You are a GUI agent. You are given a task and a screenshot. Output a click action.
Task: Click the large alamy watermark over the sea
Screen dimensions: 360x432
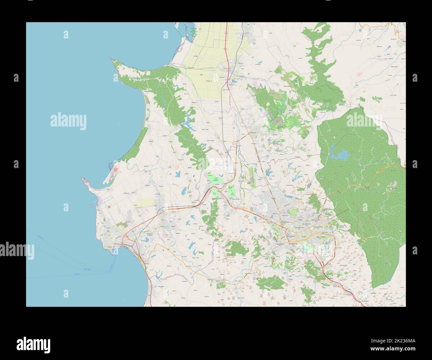tap(68, 120)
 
